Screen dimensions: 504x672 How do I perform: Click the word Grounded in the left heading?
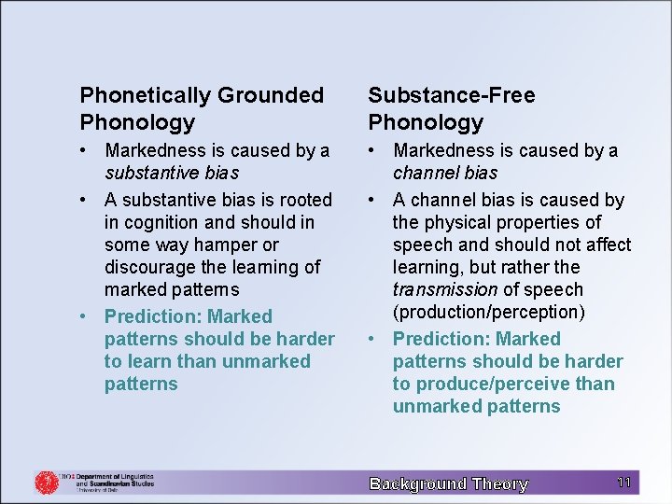(271, 95)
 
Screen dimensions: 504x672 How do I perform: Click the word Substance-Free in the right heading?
(452, 95)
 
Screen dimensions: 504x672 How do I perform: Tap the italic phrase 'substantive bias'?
(172, 173)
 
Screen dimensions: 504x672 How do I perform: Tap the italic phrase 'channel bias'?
(445, 173)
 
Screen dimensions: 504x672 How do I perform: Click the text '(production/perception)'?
(490, 312)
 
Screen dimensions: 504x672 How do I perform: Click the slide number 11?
(624, 483)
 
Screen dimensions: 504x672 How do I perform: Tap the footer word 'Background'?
(417, 483)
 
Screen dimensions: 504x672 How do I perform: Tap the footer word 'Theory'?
(500, 483)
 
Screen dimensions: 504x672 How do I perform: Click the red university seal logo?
(46, 482)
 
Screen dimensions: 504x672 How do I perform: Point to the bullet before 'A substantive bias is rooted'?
(85, 200)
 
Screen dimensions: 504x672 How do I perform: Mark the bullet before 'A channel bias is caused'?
(373, 200)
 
